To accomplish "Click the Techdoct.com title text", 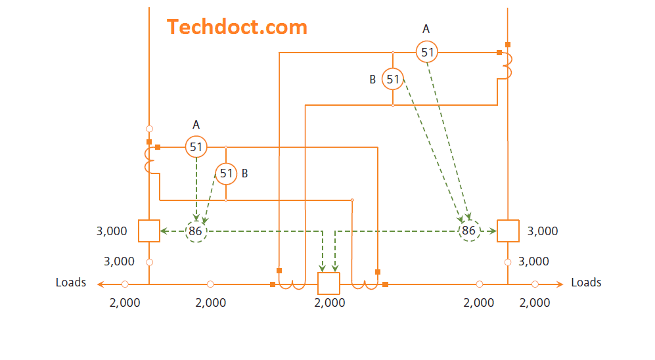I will click(237, 27).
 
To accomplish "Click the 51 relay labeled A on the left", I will click(196, 146).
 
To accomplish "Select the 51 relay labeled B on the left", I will click(226, 173).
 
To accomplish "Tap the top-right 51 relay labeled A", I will click(427, 51).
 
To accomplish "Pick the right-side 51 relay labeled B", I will click(392, 79).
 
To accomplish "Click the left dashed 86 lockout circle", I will click(195, 231).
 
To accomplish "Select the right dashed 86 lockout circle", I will click(468, 231).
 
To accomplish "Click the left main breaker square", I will click(149, 231).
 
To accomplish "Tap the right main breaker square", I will click(508, 231).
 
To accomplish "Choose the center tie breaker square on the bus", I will click(328, 283).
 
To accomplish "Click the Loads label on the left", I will click(71, 282).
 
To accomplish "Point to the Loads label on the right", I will click(586, 282).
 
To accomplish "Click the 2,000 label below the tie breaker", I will click(330, 303).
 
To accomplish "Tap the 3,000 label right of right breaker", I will click(543, 231).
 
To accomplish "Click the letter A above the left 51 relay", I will click(196, 124).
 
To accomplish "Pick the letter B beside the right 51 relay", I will click(373, 79).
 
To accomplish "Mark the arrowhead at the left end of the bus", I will click(100, 284).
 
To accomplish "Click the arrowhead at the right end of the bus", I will click(560, 284).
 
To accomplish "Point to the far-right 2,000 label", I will click(535, 303).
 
